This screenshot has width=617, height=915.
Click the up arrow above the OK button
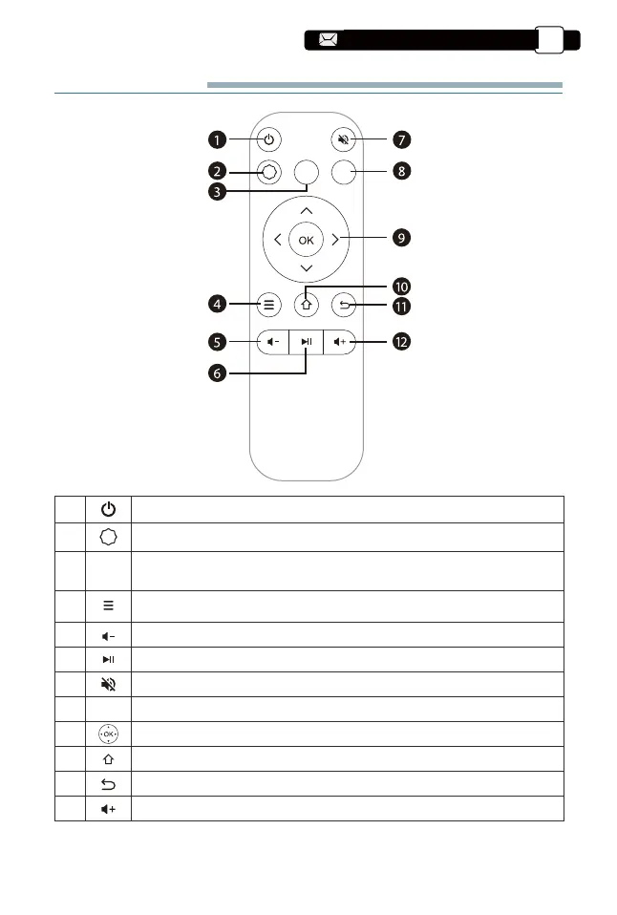[306, 209]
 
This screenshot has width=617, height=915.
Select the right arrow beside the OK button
[335, 240]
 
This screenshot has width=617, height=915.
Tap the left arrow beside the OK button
[276, 240]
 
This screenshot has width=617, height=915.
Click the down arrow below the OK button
[306, 270]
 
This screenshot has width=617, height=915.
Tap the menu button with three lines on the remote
[269, 307]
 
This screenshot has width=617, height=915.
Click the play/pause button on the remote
[306, 341]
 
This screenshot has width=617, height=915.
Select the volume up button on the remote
[341, 341]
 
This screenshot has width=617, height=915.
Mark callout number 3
[218, 191]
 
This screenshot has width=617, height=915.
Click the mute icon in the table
[109, 683]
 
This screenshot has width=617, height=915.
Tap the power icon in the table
[109, 508]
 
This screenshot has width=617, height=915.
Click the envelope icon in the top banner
[329, 40]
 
